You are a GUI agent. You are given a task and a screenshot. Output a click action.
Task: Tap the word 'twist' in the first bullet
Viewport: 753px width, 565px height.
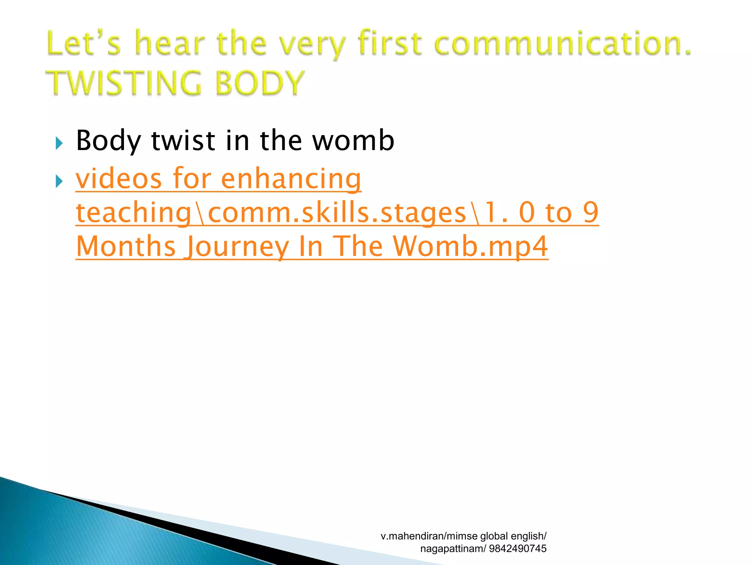click(x=183, y=141)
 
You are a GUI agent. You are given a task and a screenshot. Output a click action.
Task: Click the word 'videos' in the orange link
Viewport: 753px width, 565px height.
click(x=119, y=179)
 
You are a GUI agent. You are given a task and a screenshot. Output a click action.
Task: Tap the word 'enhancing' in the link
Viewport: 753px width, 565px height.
click(x=291, y=179)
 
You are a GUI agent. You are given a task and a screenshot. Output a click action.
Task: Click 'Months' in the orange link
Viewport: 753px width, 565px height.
click(x=126, y=246)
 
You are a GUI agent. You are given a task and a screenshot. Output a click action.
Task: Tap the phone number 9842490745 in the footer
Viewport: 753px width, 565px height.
click(x=518, y=548)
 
